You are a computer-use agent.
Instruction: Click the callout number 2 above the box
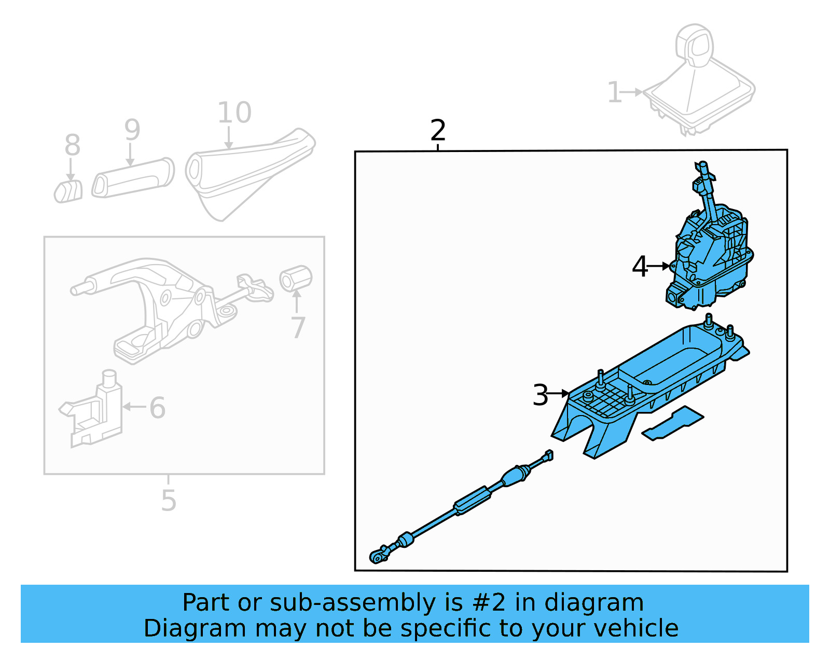click(x=438, y=130)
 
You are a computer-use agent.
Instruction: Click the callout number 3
click(x=540, y=395)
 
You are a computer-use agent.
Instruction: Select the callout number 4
click(x=639, y=267)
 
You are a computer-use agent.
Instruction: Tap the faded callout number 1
click(x=614, y=93)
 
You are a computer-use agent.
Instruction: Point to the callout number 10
click(x=234, y=113)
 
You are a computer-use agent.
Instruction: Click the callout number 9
click(x=132, y=130)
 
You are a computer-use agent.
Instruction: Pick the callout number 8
click(x=72, y=145)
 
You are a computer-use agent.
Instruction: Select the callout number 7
click(x=298, y=327)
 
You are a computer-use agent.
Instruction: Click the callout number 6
click(x=157, y=408)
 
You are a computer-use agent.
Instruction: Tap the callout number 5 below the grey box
click(x=169, y=501)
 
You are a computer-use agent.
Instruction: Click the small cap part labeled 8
click(x=68, y=191)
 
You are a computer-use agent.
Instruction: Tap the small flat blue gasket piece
click(x=673, y=423)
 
